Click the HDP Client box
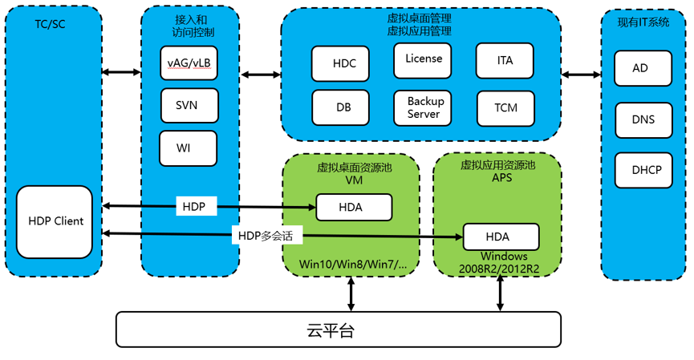pyautogui.click(x=55, y=222)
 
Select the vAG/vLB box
pyautogui.click(x=189, y=63)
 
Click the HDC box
pyautogui.click(x=339, y=63)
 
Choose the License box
pyautogui.click(x=423, y=59)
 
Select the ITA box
pyautogui.click(x=505, y=60)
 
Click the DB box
pyautogui.click(x=343, y=107)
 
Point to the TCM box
pyautogui.click(x=505, y=107)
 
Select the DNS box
pyautogui.click(x=643, y=119)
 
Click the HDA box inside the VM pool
pyautogui.click(x=353, y=207)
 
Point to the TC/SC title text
pyautogui.click(x=51, y=24)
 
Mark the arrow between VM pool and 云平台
pyautogui.click(x=351, y=294)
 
